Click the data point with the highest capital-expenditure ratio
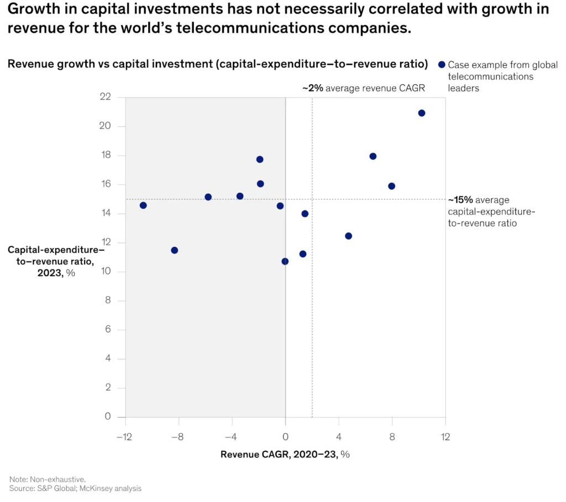tap(422, 113)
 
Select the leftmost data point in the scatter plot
tap(143, 205)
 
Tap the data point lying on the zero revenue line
tap(285, 261)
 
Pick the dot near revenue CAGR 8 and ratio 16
tap(391, 186)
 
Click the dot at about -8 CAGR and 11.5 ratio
tap(175, 250)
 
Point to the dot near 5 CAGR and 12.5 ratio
tap(348, 236)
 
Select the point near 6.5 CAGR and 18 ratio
tap(373, 156)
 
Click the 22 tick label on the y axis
tap(106, 97)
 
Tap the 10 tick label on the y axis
tap(106, 272)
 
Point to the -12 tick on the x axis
tap(125, 437)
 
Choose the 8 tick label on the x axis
tap(392, 437)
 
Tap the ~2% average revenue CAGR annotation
tap(363, 88)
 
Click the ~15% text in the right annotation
tap(460, 200)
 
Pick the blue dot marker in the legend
tap(441, 65)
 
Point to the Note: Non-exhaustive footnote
tap(48, 480)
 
